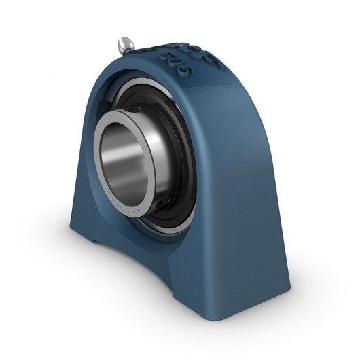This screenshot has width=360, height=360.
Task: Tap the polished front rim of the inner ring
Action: click(98, 183)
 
